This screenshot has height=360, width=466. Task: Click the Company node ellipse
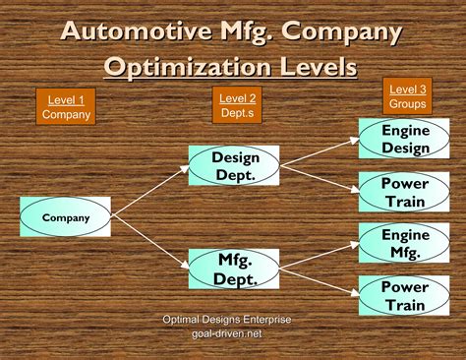click(x=66, y=217)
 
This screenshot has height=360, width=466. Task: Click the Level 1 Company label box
click(x=65, y=106)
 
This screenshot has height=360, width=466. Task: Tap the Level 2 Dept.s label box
click(x=237, y=104)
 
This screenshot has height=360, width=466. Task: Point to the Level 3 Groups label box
click(x=406, y=95)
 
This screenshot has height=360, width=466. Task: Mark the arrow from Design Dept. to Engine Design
click(x=319, y=151)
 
